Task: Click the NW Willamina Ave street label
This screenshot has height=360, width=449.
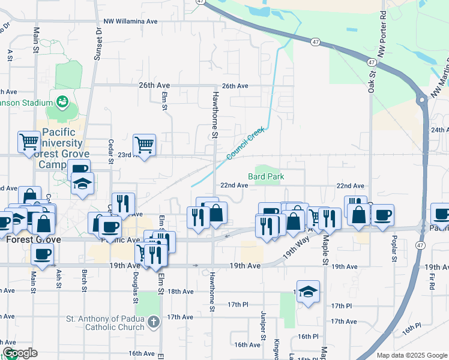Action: coord(130,21)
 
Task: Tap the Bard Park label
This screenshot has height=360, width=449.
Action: coord(266,176)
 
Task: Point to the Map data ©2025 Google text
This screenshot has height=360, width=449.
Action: coord(412,355)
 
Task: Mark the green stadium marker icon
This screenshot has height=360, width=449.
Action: coord(62,101)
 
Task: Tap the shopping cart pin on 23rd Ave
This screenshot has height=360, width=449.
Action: coord(144,145)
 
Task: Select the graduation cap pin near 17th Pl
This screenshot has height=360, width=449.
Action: coord(308,292)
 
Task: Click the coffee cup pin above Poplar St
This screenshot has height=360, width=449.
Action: coord(382,214)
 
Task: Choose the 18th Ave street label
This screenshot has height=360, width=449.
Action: coord(181,292)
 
